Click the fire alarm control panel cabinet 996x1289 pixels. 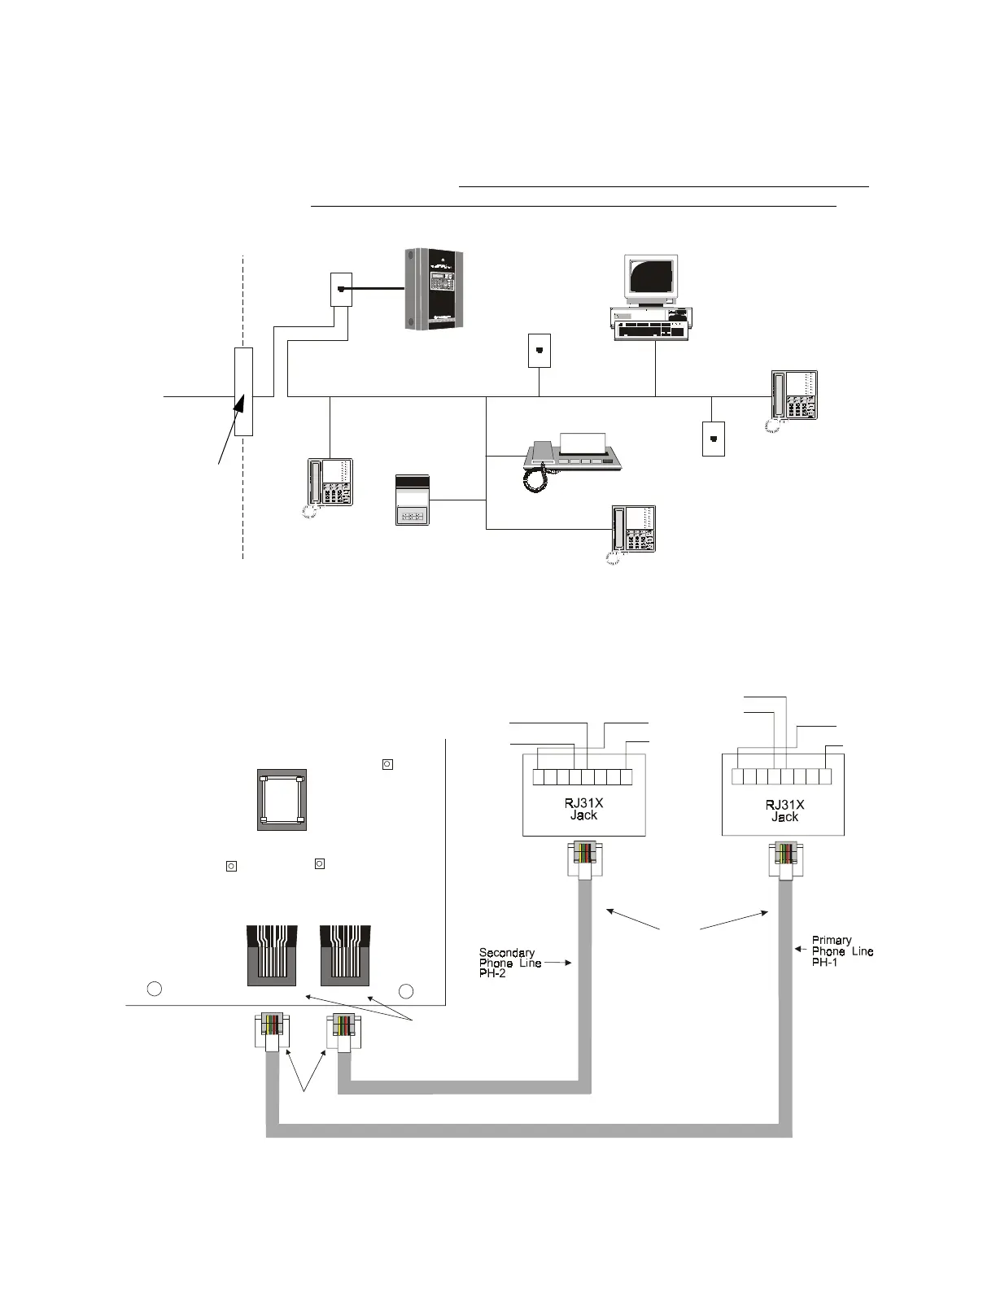pyautogui.click(x=435, y=289)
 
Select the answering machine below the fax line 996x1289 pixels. pyautogui.click(x=412, y=500)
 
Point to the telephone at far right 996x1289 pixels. pyautogui.click(x=794, y=396)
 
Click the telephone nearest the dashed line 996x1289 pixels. pyautogui.click(x=330, y=483)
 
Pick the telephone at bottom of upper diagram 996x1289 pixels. pyautogui.click(x=633, y=531)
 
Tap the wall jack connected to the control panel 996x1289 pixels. pyautogui.click(x=341, y=290)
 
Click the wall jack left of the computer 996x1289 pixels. pyautogui.click(x=539, y=351)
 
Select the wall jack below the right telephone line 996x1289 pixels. pyautogui.click(x=713, y=439)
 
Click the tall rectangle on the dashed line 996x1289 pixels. pyautogui.click(x=243, y=391)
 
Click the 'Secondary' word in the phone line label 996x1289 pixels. pyautogui.click(x=506, y=952)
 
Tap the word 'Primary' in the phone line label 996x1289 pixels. pyautogui.click(x=832, y=940)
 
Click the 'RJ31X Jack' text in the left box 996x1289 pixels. pyautogui.click(x=583, y=809)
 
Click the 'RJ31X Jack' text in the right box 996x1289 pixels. pyautogui.click(x=784, y=811)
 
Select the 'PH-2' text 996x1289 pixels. pyautogui.click(x=492, y=973)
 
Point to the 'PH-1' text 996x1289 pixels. pyautogui.click(x=825, y=962)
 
